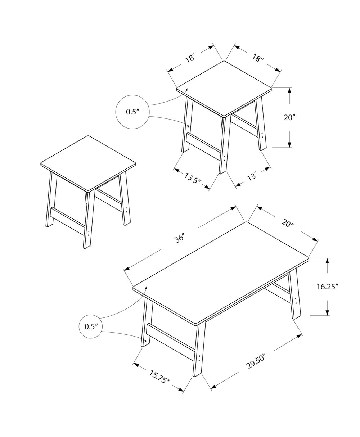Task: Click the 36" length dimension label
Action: click(180, 238)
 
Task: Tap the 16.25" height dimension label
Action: click(328, 287)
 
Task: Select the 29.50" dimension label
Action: click(256, 361)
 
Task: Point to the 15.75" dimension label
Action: click(159, 377)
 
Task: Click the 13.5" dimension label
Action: click(193, 178)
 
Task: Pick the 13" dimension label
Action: click(252, 177)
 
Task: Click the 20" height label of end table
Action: click(289, 117)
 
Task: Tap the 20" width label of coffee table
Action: click(288, 224)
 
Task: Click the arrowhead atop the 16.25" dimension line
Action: click(327, 261)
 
